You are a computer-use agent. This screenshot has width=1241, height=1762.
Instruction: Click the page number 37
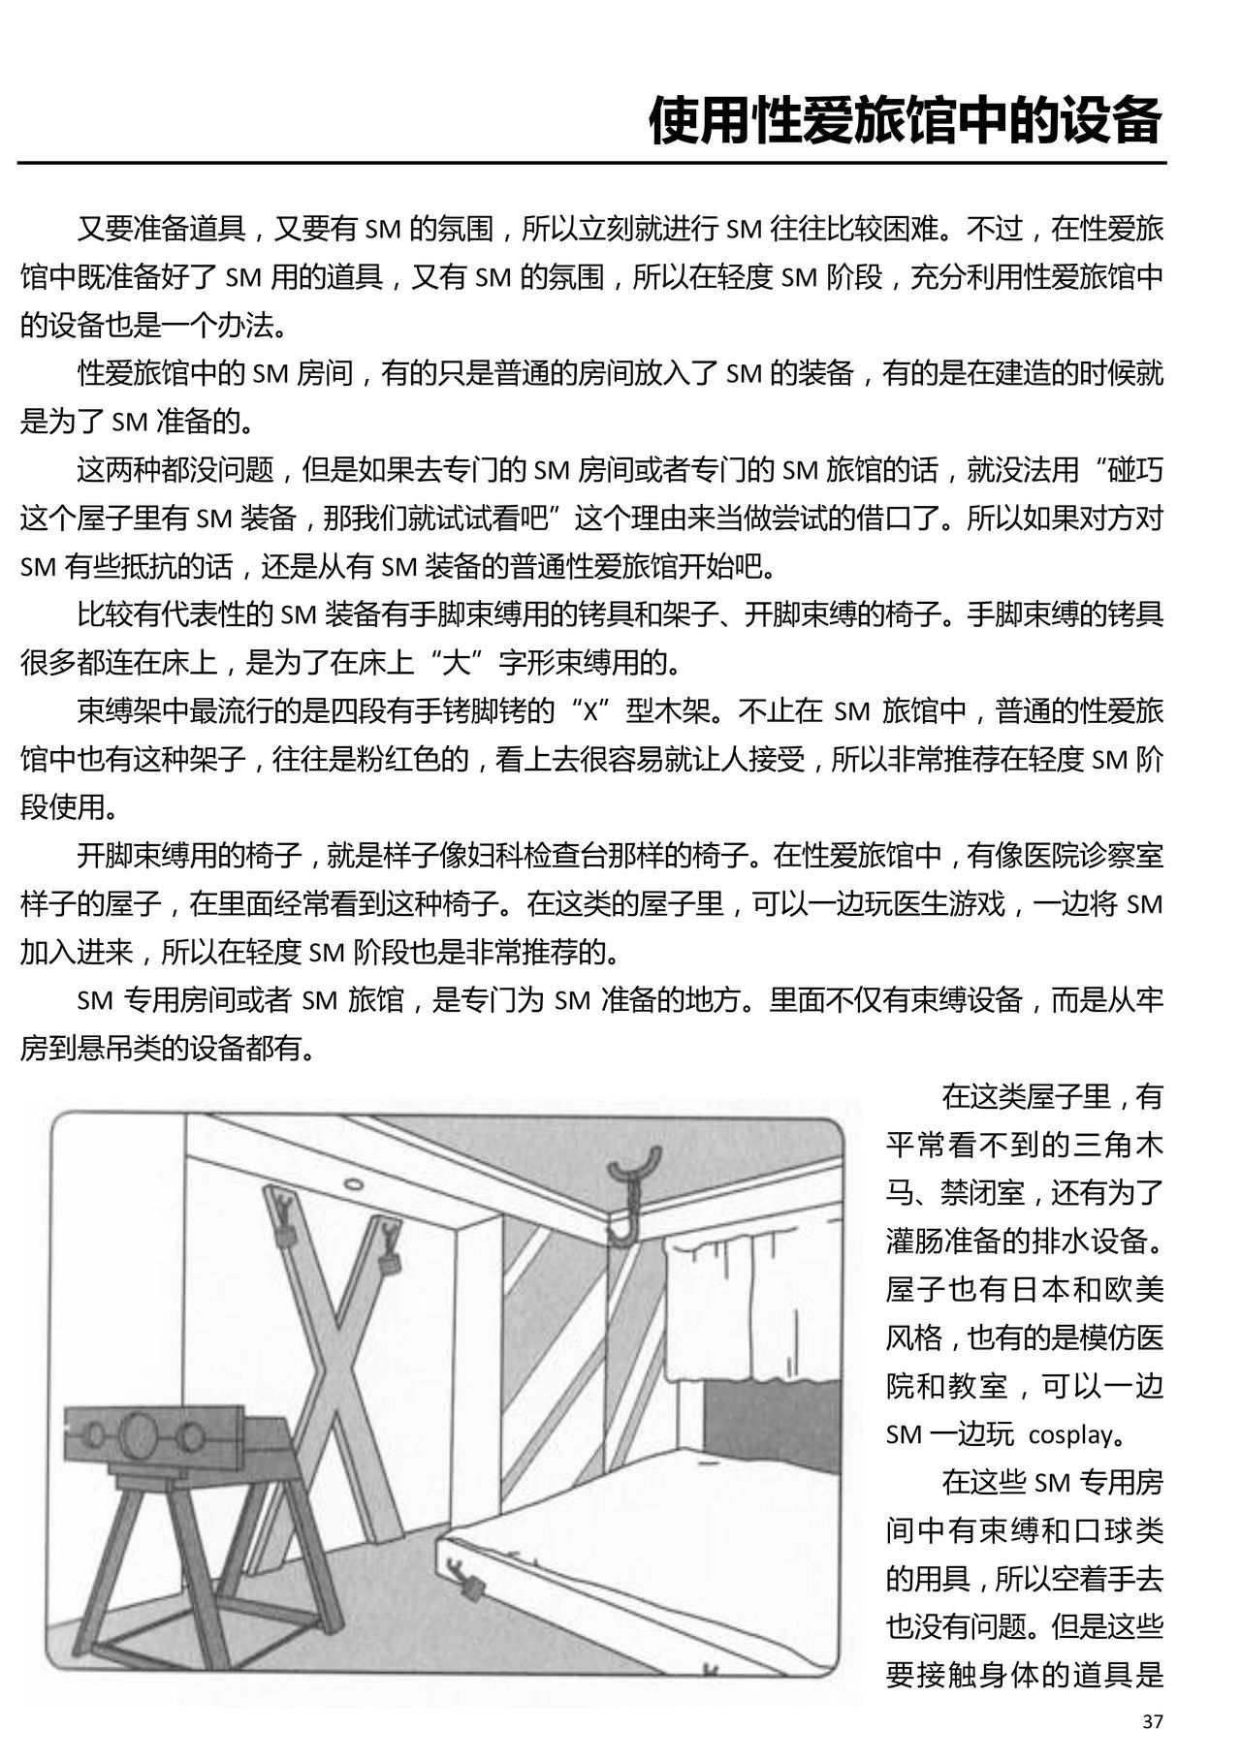[1152, 1721]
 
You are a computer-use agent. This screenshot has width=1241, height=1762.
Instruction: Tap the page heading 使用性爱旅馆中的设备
[906, 121]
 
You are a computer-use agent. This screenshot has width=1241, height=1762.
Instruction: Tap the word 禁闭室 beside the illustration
[983, 1193]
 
